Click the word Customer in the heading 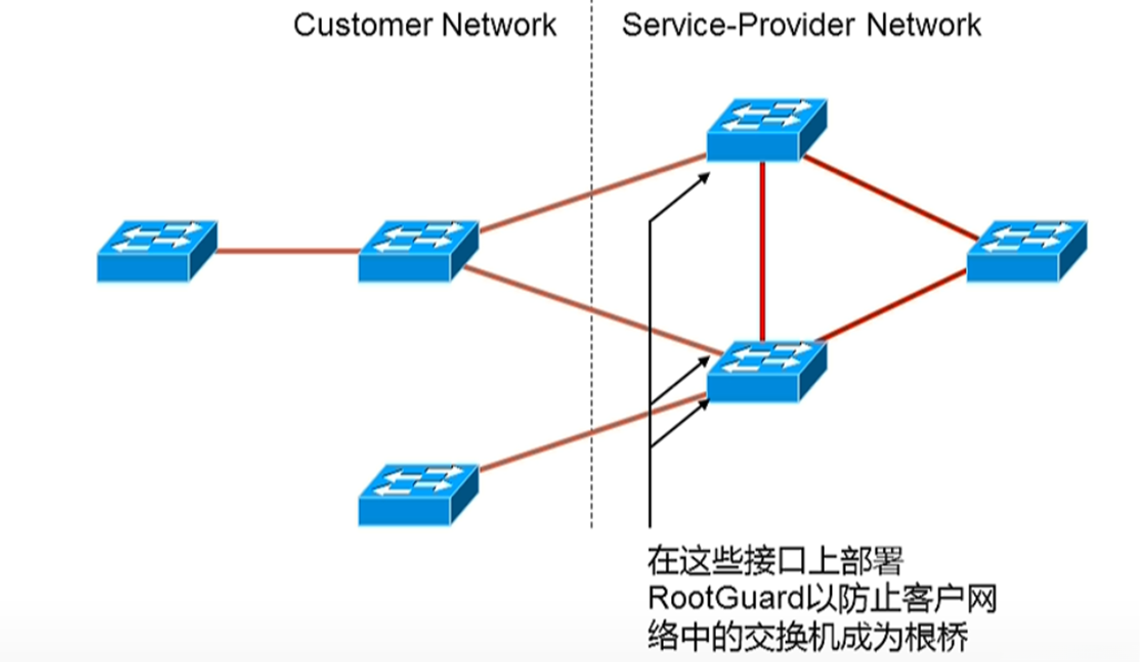pos(363,26)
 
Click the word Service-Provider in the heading pos(738,26)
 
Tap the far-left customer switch pos(157,252)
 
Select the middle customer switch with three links pos(418,252)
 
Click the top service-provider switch pos(767,130)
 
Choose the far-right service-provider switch pos(1027,252)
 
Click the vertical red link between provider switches pos(763,252)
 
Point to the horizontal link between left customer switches pos(289,251)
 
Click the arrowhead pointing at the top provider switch pos(705,177)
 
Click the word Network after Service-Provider pos(923,26)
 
